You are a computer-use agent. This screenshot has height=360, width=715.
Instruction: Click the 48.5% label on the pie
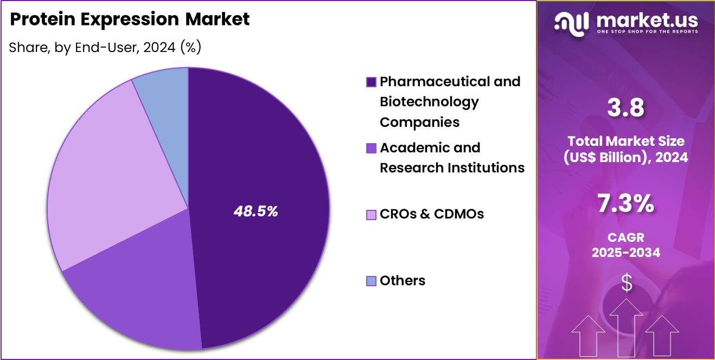[x=256, y=211]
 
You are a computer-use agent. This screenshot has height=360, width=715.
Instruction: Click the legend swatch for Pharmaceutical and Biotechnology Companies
[x=371, y=82]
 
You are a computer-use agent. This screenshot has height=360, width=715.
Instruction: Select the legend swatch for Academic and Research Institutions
[x=371, y=148]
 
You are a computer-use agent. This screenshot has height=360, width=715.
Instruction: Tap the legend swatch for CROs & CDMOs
[x=371, y=215]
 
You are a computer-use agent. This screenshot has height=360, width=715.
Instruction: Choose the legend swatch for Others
[x=371, y=281]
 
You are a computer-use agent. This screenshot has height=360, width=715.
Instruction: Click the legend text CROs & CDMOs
[x=431, y=214]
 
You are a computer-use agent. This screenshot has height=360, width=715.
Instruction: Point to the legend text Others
[x=402, y=280]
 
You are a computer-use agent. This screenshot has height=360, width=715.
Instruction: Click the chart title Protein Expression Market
[x=130, y=20]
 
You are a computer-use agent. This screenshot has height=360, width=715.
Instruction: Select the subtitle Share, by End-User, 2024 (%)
[x=105, y=48]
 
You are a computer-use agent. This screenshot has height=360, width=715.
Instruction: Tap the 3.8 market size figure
[x=626, y=107]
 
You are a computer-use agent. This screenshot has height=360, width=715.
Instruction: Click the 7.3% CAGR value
[x=626, y=204]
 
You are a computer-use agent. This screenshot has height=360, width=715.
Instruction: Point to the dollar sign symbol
[x=627, y=282]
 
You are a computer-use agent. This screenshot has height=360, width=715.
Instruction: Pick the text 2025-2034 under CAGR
[x=626, y=253]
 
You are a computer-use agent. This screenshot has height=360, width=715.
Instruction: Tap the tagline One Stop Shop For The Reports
[x=647, y=31]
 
